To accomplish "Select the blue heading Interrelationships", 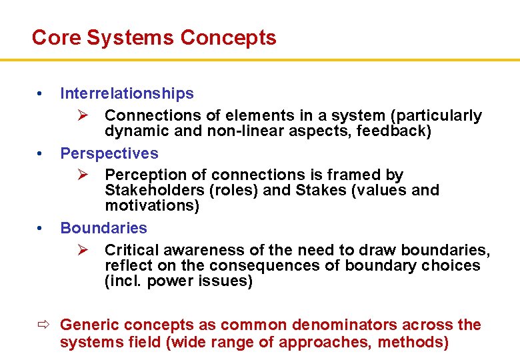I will (x=127, y=93).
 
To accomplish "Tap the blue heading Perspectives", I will (x=109, y=153).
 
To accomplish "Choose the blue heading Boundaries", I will (x=103, y=228).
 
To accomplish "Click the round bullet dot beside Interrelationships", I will (x=41, y=93).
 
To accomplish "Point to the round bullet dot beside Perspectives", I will (x=41, y=153).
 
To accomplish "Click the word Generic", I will (x=87, y=325).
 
